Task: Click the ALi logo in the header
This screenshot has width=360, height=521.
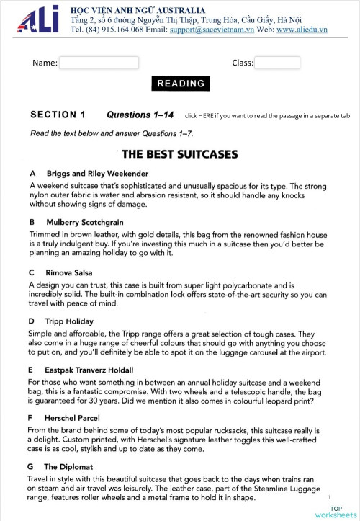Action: pos(36,22)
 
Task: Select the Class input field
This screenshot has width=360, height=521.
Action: pos(277,63)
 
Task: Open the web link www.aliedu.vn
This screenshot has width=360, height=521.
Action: pos(301,30)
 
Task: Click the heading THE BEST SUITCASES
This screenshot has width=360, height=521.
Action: pos(179,153)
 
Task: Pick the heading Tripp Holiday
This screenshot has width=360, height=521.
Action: pos(75,321)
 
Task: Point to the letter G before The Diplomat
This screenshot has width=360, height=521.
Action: pos(33,467)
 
